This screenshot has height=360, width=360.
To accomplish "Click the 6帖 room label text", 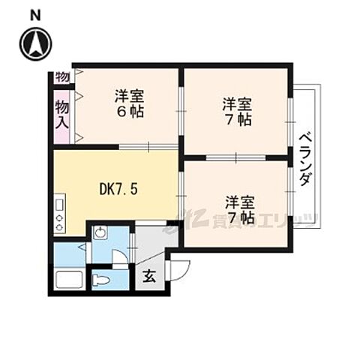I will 129,104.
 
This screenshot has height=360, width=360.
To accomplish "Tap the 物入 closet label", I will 62,115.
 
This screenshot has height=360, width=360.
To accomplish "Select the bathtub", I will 68,281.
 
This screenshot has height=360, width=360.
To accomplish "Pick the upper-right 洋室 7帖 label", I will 235,110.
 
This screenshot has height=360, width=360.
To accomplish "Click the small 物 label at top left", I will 61,76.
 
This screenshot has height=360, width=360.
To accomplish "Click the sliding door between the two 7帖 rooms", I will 235,157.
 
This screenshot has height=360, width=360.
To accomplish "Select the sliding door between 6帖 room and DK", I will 148,146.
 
